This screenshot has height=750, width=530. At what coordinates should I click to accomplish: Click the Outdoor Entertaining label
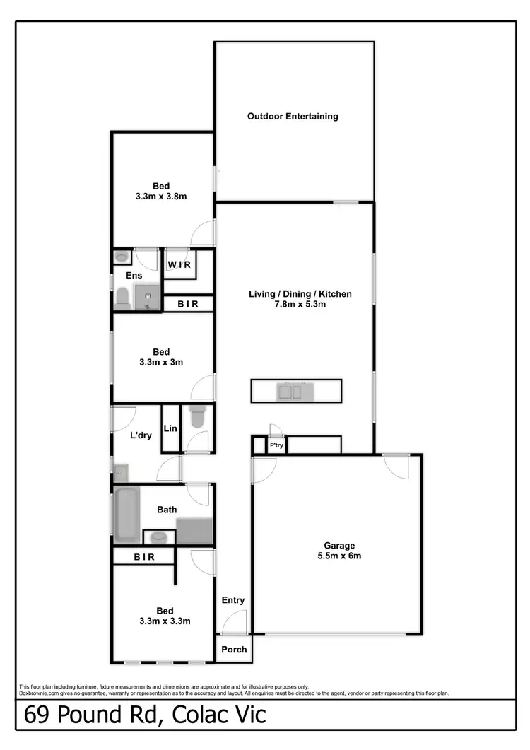(293, 116)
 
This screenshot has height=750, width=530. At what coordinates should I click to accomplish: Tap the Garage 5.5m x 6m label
(338, 551)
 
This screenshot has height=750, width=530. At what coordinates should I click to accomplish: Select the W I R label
(179, 265)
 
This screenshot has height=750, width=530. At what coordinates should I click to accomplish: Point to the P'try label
(276, 445)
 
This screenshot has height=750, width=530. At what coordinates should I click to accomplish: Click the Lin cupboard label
(170, 428)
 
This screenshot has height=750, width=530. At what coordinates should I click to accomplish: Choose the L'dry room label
(141, 435)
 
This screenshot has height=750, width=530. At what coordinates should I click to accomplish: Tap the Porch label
(234, 650)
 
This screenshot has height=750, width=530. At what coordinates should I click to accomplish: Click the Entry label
(233, 600)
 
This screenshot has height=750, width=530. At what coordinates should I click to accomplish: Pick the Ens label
(134, 275)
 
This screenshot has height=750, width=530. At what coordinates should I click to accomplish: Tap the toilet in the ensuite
(122, 298)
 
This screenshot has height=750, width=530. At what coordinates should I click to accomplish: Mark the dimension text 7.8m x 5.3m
(300, 305)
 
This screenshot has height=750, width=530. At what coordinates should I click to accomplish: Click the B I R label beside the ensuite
(188, 304)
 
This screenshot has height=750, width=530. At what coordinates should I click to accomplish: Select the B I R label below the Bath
(145, 557)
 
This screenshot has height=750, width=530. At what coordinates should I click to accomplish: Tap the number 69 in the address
(40, 715)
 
